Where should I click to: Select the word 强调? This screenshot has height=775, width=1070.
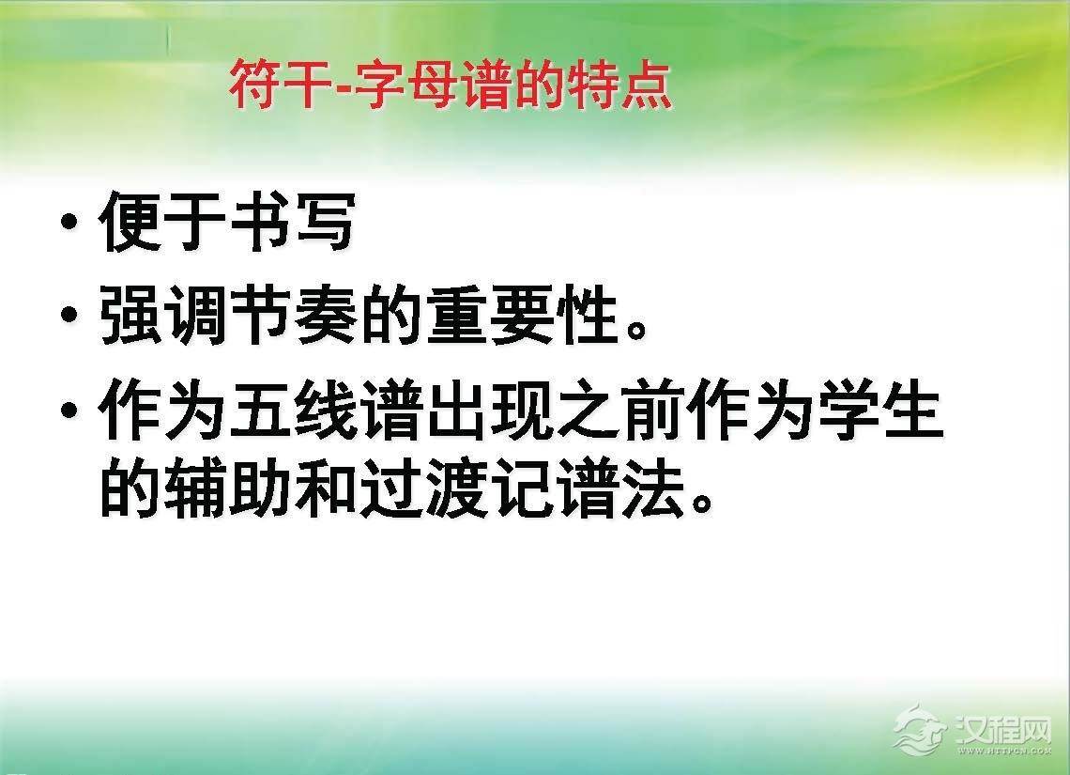[x=162, y=317]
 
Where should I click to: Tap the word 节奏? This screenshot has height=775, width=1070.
[x=291, y=317]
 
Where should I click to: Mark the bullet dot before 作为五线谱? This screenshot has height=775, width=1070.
[x=69, y=411]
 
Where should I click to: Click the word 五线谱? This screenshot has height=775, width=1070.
[x=324, y=411]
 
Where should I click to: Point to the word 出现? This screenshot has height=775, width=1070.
[x=486, y=411]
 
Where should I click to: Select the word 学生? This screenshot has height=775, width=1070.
[x=878, y=411]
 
